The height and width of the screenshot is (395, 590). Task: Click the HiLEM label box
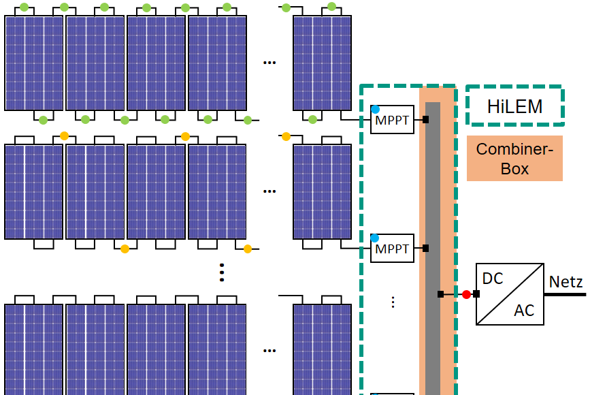pyautogui.click(x=514, y=106)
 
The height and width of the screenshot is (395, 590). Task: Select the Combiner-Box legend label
pyautogui.click(x=514, y=159)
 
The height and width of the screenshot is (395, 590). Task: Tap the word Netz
pyautogui.click(x=566, y=282)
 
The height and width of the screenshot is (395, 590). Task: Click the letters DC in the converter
pyautogui.click(x=492, y=279)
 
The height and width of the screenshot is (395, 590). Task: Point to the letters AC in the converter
pyautogui.click(x=524, y=311)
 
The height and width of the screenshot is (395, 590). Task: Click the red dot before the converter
pyautogui.click(x=466, y=294)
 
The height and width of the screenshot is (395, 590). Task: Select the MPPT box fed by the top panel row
pyautogui.click(x=393, y=120)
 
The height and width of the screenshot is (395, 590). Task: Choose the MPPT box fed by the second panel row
pyautogui.click(x=393, y=249)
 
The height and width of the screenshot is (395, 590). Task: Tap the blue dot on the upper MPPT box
pyautogui.click(x=375, y=109)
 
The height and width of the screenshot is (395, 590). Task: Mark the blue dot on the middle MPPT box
pyautogui.click(x=375, y=238)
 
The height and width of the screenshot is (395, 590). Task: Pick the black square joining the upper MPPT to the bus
pyautogui.click(x=425, y=120)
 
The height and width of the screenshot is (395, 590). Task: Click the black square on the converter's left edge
pyautogui.click(x=476, y=294)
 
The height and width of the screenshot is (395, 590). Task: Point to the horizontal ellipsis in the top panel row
pyautogui.click(x=269, y=63)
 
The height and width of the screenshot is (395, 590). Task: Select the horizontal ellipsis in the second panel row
pyautogui.click(x=269, y=191)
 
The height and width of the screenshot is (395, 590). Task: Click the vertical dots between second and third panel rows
pyautogui.click(x=222, y=272)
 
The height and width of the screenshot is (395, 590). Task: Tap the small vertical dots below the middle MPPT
pyautogui.click(x=393, y=302)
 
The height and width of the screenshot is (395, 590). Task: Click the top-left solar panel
pyautogui.click(x=34, y=63)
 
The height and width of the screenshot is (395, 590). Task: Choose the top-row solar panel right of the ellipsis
pyautogui.click(x=323, y=63)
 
